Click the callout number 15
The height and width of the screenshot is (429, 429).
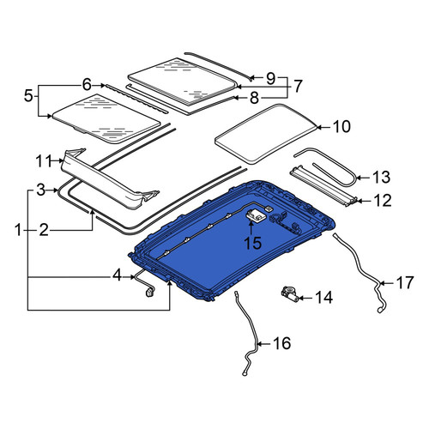coord(253,243)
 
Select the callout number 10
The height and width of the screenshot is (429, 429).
coord(341,127)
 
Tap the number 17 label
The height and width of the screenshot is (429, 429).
coord(405,283)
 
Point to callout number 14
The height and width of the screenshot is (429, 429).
coord(324,298)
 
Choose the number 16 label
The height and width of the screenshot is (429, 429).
coord(282,343)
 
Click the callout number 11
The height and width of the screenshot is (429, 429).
coord(44,161)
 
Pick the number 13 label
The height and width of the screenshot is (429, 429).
coord(382,178)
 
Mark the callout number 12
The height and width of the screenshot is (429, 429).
coord(383,201)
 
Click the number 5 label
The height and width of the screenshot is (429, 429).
coord(28,95)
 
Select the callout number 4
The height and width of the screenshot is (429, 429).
coord(117,276)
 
